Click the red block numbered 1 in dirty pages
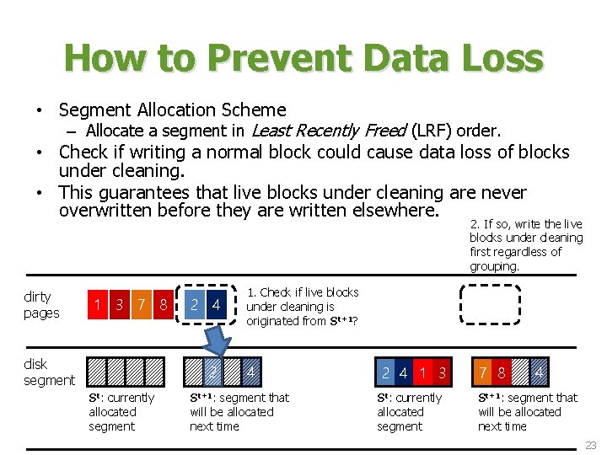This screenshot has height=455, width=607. pyautogui.click(x=99, y=304)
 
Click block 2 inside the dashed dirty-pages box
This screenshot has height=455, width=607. pyautogui.click(x=195, y=304)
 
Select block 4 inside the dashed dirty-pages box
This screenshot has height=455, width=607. pyautogui.click(x=217, y=304)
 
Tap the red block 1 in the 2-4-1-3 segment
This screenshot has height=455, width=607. pyautogui.click(x=422, y=372)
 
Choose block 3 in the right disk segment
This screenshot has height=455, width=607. pyautogui.click(x=441, y=372)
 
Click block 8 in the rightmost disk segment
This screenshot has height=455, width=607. pyautogui.click(x=502, y=372)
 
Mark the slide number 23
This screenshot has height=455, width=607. pyautogui.click(x=590, y=445)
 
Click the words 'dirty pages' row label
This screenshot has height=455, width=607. pyautogui.click(x=42, y=304)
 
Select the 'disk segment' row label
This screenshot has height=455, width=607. pyautogui.click(x=49, y=372)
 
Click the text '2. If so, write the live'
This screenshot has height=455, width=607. pyautogui.click(x=527, y=223)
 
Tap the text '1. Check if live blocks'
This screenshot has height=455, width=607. pyautogui.click(x=302, y=292)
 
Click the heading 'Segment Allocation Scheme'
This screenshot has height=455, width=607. pyautogui.click(x=172, y=110)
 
